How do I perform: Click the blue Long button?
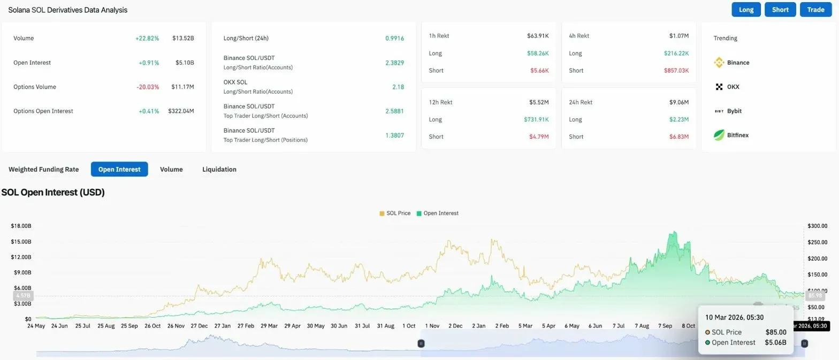(746, 10)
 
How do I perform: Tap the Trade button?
(815, 10)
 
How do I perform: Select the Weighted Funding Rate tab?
(43, 169)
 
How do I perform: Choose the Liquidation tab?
(219, 169)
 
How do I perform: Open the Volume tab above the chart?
(171, 169)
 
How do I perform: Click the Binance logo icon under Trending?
(719, 63)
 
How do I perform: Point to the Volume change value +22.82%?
(147, 39)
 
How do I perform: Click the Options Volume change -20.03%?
(148, 87)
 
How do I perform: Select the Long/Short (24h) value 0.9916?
(394, 39)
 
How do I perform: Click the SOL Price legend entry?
(395, 213)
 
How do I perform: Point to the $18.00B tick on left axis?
(21, 226)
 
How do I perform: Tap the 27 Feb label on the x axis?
(246, 326)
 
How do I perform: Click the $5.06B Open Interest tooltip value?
(775, 342)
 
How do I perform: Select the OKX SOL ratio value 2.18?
(398, 87)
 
